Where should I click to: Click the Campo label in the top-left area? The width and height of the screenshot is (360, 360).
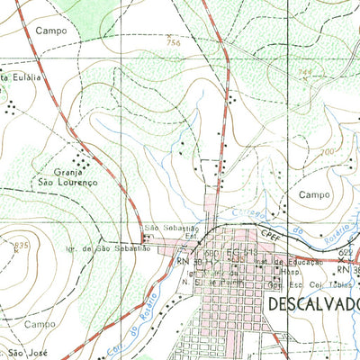tap(52, 30)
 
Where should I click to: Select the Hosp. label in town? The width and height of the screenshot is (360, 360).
tap(290, 271)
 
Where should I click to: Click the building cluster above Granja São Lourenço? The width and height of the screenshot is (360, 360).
tap(83, 162)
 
